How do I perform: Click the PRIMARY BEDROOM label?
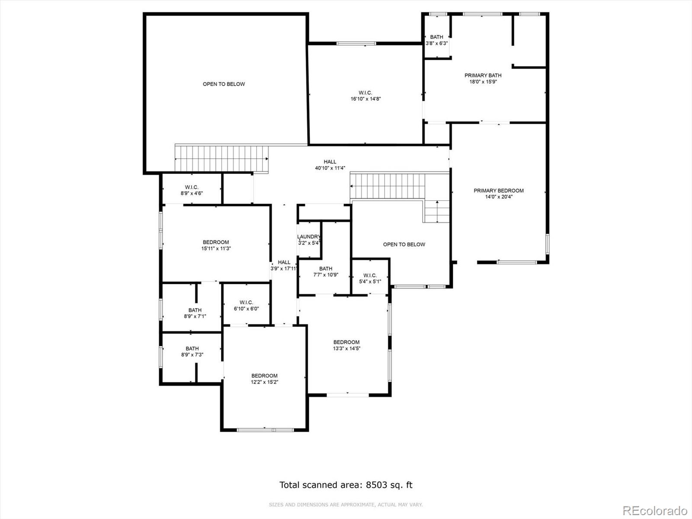[498, 191]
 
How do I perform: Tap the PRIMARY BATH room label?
[483, 76]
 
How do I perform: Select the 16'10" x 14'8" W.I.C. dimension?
[365, 99]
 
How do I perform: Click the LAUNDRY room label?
[309, 237]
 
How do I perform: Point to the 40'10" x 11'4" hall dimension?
[330, 168]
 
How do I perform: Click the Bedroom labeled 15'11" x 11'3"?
[215, 245]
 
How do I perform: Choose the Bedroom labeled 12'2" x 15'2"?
[264, 379]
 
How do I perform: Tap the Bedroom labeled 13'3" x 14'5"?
[346, 345]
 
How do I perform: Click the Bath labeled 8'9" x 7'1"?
[195, 313]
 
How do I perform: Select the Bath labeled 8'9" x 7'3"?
[192, 352]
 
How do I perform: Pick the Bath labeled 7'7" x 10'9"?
[325, 272]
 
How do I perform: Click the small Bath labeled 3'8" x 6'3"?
[436, 40]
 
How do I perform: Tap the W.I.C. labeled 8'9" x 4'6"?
[192, 190]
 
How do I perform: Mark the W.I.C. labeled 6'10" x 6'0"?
[246, 305]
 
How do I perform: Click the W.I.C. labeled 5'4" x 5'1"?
[370, 279]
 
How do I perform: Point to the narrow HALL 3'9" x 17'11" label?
[284, 265]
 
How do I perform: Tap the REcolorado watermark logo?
[654, 510]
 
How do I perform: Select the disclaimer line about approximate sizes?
[346, 505]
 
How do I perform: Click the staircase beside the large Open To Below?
[221, 158]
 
